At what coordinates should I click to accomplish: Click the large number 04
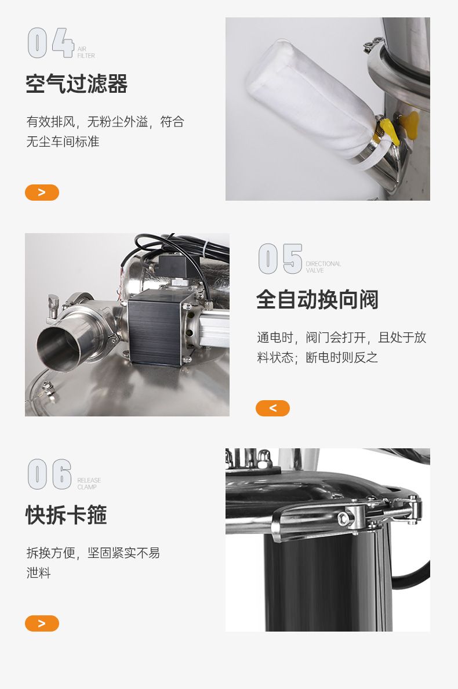click(50, 42)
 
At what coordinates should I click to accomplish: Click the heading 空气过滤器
click(77, 84)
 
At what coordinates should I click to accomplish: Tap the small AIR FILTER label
click(86, 52)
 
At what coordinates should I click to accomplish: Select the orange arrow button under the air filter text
click(42, 193)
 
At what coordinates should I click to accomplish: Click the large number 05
click(280, 259)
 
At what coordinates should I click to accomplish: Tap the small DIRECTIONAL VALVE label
click(323, 267)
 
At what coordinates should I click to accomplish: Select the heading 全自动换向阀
click(317, 300)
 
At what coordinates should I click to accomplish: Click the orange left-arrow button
click(272, 408)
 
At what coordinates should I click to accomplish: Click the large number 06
click(50, 474)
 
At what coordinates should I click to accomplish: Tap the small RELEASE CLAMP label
click(89, 484)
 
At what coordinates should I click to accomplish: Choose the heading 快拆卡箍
click(66, 515)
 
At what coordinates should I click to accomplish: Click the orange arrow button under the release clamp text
click(42, 623)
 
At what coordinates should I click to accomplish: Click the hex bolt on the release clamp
click(343, 519)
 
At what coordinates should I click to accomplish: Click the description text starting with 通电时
click(341, 347)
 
